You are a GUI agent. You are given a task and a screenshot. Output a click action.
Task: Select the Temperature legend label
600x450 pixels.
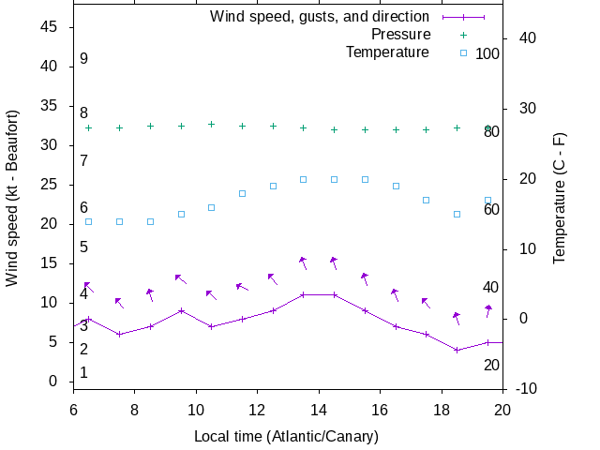(x=387, y=52)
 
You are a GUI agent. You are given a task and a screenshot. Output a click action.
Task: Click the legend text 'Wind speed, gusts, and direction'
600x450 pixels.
(x=320, y=16)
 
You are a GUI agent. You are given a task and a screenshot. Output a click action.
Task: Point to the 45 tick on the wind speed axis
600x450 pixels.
(x=51, y=27)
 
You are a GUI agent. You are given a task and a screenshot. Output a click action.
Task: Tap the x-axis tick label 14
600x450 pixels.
(x=319, y=410)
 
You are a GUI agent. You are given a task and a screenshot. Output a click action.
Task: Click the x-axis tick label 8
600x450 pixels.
(x=134, y=410)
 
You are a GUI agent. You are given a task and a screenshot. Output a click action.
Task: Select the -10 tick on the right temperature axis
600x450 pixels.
(x=525, y=389)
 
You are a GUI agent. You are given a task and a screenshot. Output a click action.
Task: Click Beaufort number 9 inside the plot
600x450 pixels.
(x=83, y=59)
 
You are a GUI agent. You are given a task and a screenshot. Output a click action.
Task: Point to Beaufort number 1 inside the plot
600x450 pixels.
(x=83, y=373)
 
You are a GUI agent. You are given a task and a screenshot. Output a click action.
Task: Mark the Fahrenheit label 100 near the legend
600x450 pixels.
(x=487, y=53)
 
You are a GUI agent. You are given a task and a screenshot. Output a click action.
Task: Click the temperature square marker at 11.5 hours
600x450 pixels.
(x=242, y=194)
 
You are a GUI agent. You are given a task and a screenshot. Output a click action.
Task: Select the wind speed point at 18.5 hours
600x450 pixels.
(x=457, y=350)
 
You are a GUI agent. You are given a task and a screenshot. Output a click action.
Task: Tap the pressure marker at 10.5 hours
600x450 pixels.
(x=211, y=124)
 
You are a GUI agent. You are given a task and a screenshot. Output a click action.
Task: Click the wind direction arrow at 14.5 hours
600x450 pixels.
(x=333, y=263)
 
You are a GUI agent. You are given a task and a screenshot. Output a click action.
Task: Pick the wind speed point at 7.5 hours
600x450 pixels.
(x=119, y=334)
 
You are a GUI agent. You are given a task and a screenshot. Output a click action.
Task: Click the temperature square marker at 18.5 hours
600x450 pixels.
(x=457, y=214)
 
